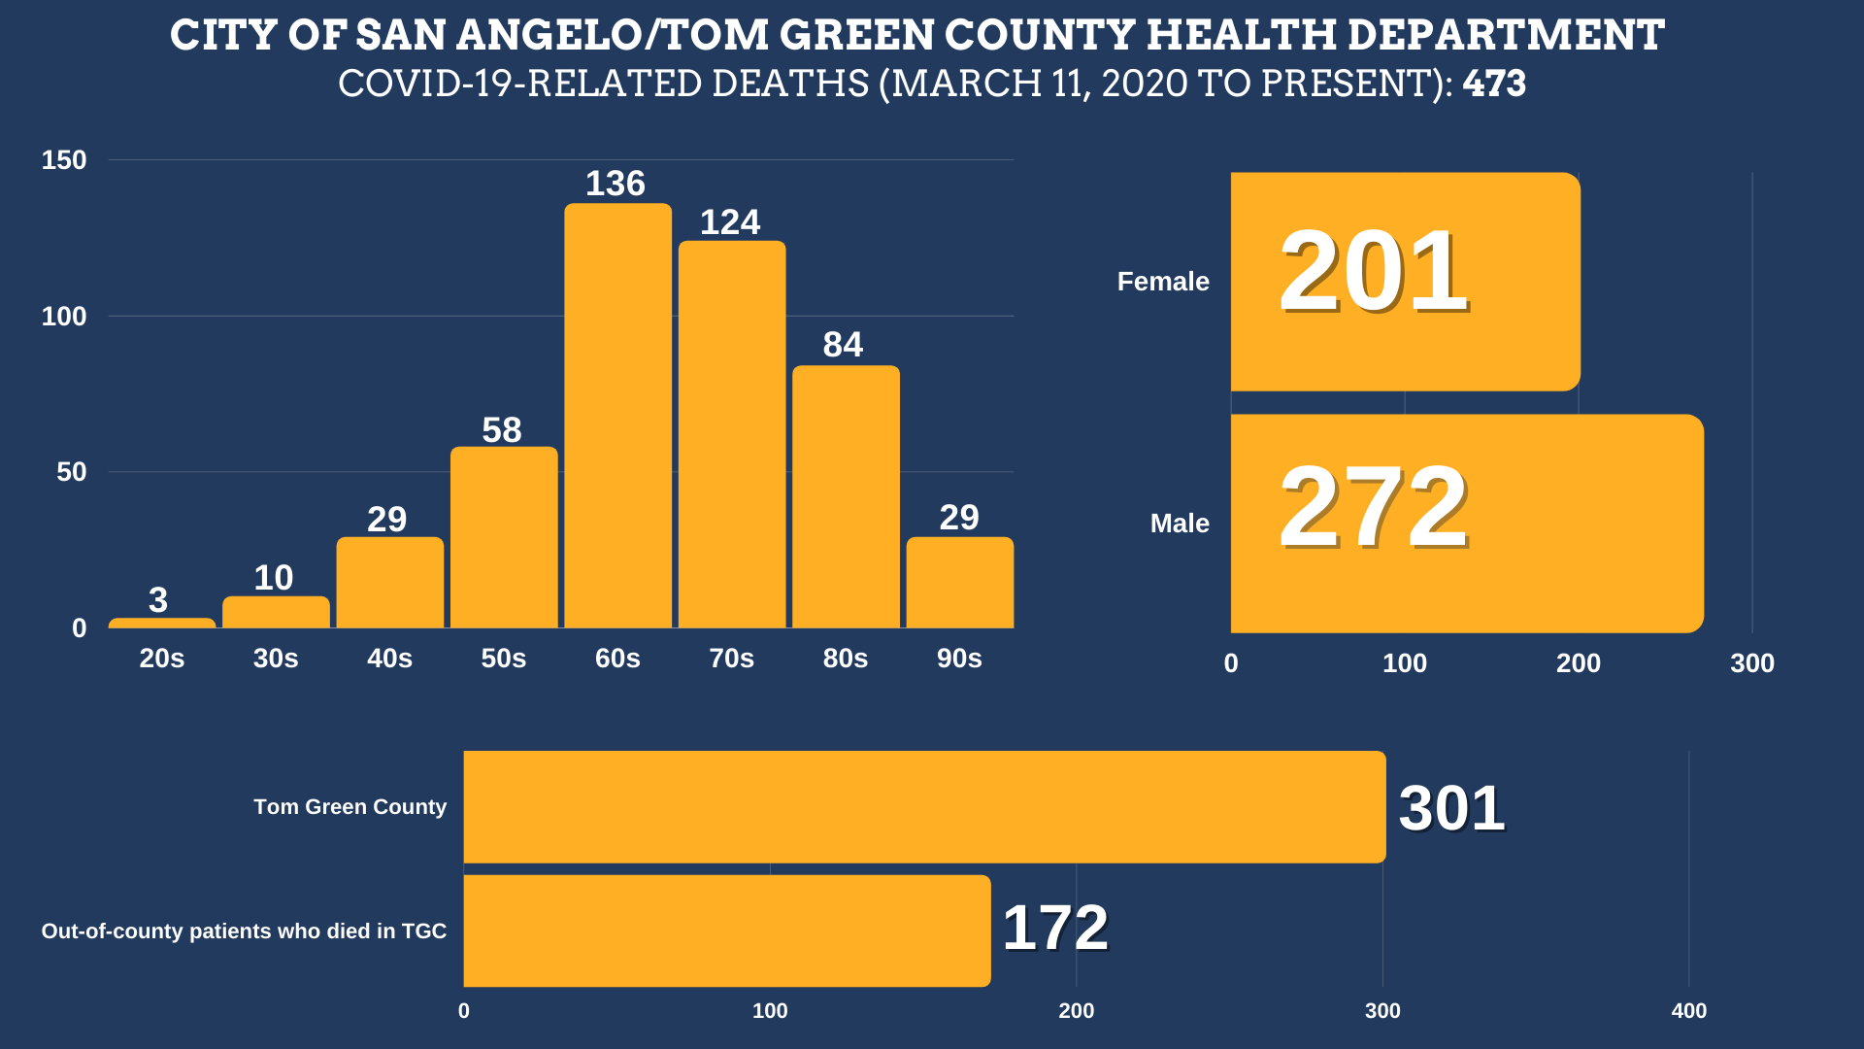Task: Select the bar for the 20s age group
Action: [x=162, y=623]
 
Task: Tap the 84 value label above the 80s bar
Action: [x=843, y=345]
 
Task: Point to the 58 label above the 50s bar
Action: [x=502, y=430]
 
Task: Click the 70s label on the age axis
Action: [x=731, y=659]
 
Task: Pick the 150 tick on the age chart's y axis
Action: [x=64, y=160]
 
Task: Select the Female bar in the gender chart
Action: [x=1405, y=282]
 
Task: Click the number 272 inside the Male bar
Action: [x=1374, y=507]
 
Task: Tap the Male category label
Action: [x=1180, y=524]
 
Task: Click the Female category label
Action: [x=1163, y=282]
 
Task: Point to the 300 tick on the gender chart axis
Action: [x=1751, y=663]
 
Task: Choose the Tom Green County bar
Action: [x=924, y=806]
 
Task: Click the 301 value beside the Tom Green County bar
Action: [x=1451, y=808]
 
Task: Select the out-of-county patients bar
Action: [x=727, y=931]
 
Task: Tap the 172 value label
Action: [x=1055, y=928]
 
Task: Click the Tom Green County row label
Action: [x=349, y=807]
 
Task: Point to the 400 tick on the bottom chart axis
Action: [x=1688, y=1011]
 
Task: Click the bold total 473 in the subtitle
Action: [x=1494, y=84]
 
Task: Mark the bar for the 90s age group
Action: [x=959, y=583]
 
